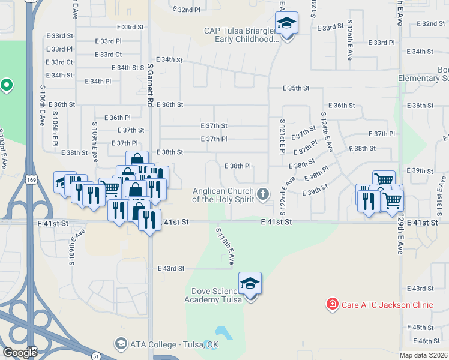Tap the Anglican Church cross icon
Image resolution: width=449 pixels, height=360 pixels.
pos(262,193)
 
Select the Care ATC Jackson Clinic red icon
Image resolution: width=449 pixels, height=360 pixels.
pos(331,305)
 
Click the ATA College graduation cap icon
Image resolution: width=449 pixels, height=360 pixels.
pos(121,344)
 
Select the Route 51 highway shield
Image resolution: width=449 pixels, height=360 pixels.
pos(97,355)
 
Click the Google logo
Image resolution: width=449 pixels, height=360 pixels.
pos(20,352)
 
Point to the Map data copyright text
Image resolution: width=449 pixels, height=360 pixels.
pos(423,355)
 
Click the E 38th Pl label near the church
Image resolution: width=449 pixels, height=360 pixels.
pos(237,166)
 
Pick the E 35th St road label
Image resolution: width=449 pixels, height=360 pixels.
pos(297,88)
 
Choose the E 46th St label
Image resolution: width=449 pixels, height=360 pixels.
pos(420,341)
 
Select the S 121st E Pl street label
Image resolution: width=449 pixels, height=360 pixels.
pos(282,136)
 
